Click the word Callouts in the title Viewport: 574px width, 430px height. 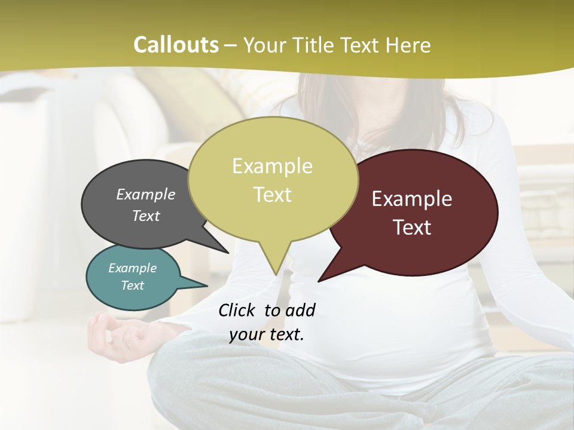click(176, 45)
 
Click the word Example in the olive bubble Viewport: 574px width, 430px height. click(272, 166)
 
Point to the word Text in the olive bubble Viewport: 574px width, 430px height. click(272, 195)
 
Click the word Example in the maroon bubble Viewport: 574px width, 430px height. click(412, 199)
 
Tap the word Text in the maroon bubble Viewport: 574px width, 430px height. click(412, 228)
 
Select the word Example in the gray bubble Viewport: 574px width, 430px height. click(146, 194)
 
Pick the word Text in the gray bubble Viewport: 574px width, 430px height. click(146, 216)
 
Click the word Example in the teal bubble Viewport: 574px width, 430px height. click(133, 268)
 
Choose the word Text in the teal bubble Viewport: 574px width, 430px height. click(133, 285)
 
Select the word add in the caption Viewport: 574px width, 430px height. click(300, 310)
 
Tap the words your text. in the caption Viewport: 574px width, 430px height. click(267, 334)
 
